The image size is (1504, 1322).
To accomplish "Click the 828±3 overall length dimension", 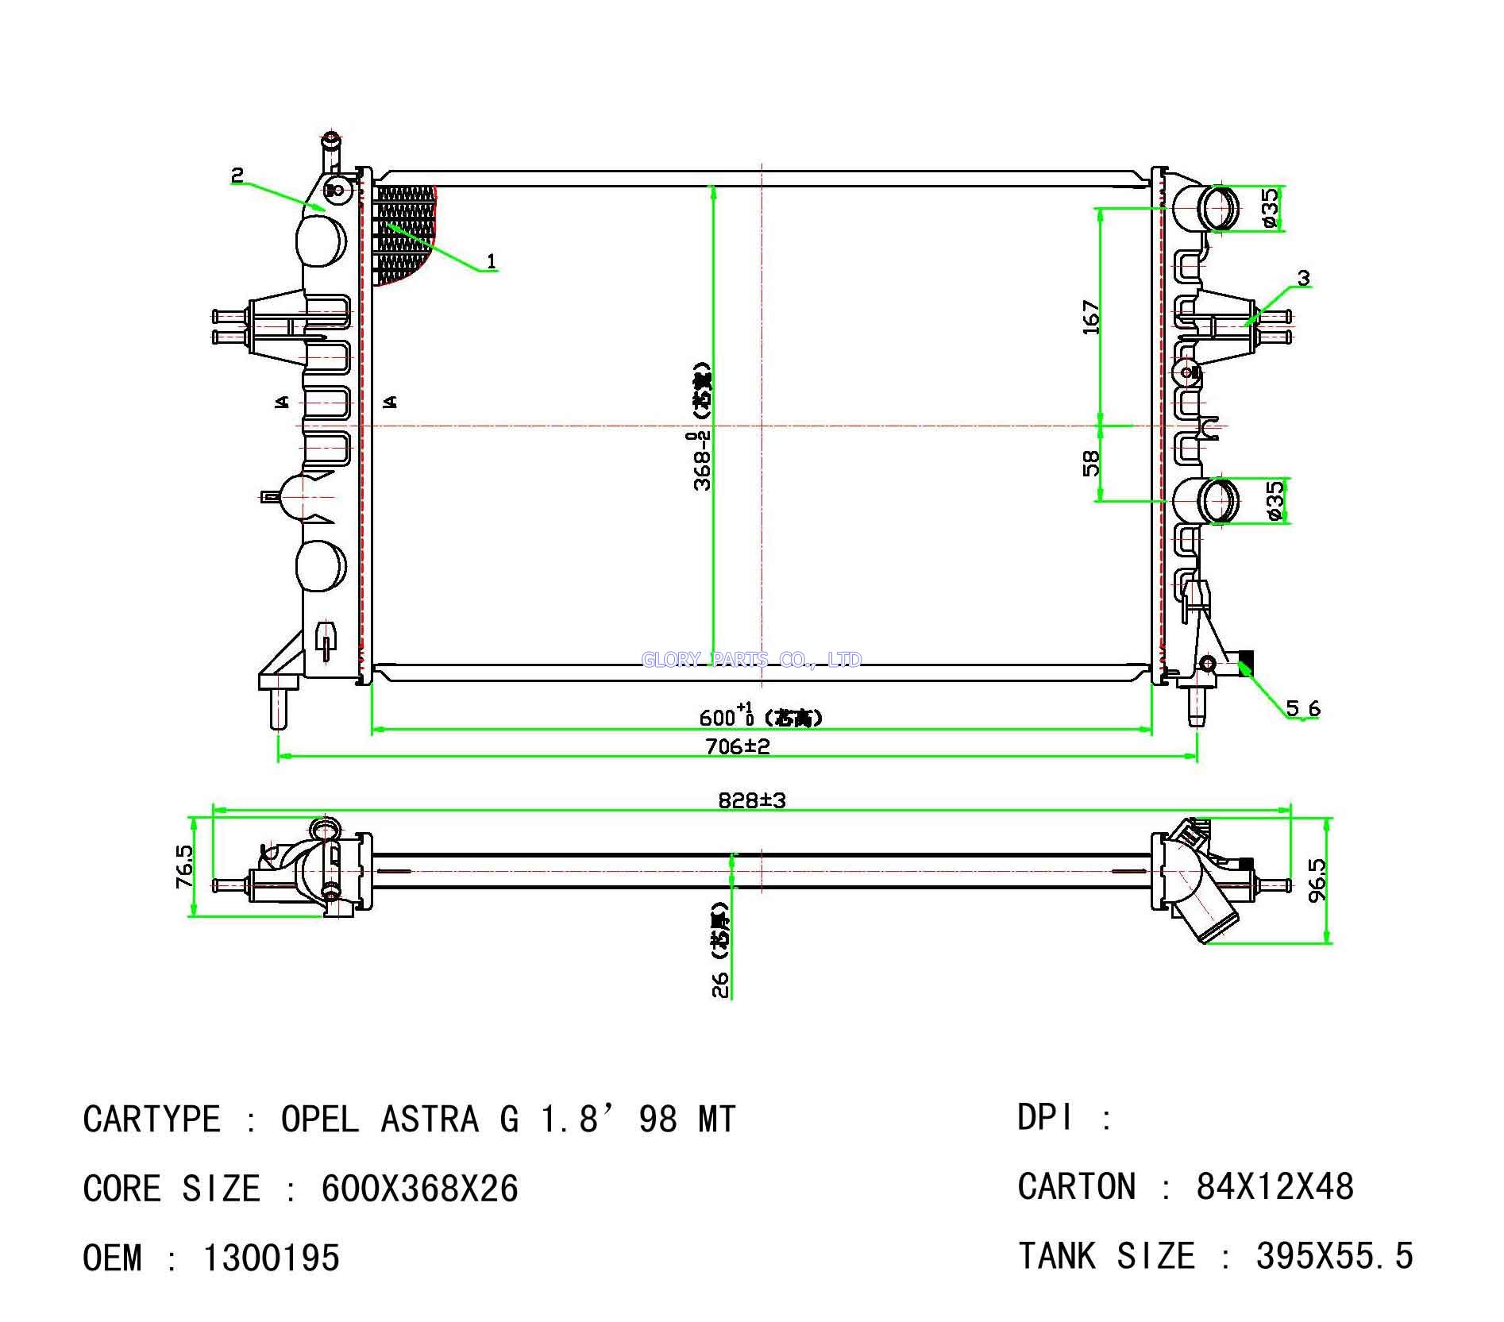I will tap(751, 800).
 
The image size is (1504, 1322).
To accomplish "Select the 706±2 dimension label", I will tap(738, 746).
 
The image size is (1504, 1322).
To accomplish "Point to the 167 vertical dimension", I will tap(1092, 317).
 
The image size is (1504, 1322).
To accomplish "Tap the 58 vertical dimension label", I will tap(1092, 463).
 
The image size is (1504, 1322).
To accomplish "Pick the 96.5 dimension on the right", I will tap(1317, 879).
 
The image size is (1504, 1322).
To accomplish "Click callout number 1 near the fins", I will tap(492, 260).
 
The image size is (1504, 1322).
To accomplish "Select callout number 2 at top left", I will tap(237, 175).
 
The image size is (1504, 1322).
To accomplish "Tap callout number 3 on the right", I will tap(1303, 278).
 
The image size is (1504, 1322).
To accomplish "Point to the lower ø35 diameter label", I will tap(1275, 501).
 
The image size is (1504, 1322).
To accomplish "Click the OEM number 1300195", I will tap(272, 1258).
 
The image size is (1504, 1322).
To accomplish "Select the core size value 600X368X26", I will tap(419, 1189).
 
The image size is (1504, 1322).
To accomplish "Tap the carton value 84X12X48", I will tap(1275, 1187).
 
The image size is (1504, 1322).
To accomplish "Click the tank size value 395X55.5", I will tap(1334, 1256).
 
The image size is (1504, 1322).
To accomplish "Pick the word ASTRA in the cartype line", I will tap(430, 1120).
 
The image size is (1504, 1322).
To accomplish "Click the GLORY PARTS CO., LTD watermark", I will tap(751, 660).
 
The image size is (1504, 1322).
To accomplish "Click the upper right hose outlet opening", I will tap(1218, 208).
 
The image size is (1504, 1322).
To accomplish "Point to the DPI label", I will tap(1045, 1118).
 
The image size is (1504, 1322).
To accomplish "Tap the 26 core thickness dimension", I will tap(720, 985).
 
